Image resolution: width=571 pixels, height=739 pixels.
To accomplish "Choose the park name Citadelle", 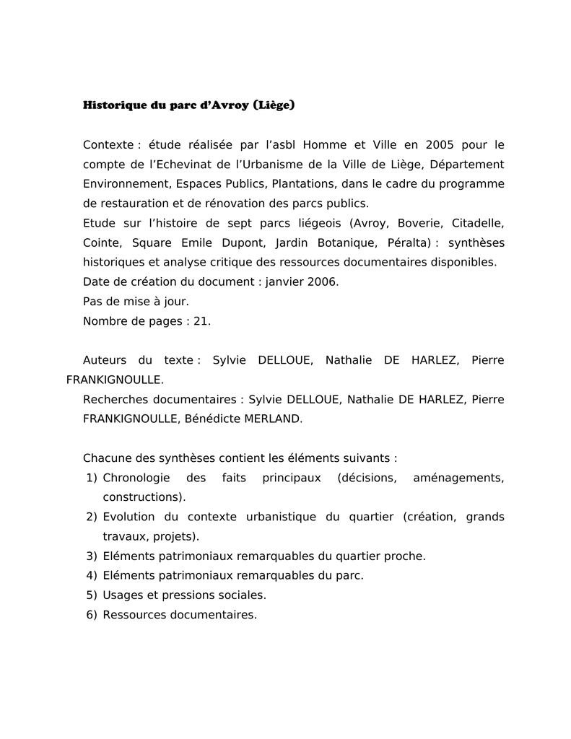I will [478, 223].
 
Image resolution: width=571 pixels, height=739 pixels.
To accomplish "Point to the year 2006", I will [322, 281].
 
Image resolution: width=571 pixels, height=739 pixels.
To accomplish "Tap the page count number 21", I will [201, 321].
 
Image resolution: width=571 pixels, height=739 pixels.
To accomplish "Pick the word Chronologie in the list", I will [136, 478].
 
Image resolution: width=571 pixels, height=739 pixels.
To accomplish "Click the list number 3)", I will [91, 556].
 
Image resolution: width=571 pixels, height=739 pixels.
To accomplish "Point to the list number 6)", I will [91, 615].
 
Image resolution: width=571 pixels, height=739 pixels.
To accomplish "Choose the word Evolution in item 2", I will [130, 517].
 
